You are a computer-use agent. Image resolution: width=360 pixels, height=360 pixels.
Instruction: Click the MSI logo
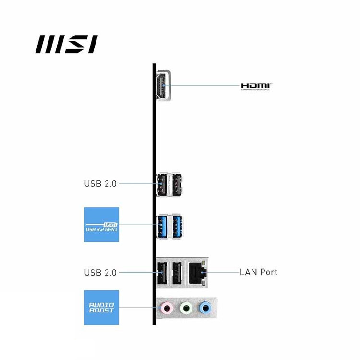[x=66, y=44]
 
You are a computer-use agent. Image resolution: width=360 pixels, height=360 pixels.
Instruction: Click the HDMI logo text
[x=256, y=86]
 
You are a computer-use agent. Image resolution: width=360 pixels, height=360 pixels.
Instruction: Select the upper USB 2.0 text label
[x=100, y=183]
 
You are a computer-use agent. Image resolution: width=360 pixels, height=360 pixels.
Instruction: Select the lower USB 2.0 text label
[x=100, y=272]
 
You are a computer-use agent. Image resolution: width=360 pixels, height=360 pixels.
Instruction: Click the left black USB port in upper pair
[x=162, y=184]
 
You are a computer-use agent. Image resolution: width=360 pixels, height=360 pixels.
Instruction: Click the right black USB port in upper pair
[x=177, y=184]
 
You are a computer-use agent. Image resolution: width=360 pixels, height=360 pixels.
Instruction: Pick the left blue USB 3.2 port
[x=162, y=225]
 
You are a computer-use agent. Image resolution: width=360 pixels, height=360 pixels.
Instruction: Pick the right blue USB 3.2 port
[x=177, y=225]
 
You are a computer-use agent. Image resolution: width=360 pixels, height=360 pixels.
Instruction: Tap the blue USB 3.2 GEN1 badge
[x=101, y=225]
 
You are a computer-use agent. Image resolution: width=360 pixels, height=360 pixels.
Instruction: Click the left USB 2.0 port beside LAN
[x=162, y=272]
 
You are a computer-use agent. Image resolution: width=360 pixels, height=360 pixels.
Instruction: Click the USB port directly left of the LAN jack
[x=177, y=272]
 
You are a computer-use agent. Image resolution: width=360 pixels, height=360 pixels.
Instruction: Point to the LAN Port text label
[x=258, y=272]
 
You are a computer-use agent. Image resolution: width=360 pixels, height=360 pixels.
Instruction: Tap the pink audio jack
[x=167, y=307]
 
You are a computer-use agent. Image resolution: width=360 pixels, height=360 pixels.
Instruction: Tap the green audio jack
[x=186, y=307]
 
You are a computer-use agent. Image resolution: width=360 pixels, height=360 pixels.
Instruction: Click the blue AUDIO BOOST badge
[x=101, y=308]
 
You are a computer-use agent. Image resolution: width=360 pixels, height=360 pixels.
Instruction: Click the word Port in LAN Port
[x=268, y=272]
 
